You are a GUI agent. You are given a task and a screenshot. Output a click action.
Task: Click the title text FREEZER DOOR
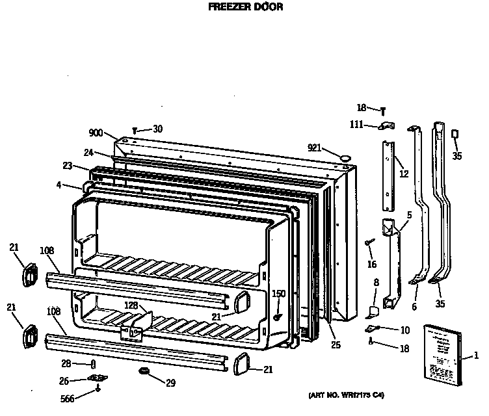(x=245, y=8)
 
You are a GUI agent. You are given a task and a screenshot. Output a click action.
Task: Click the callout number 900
(x=96, y=133)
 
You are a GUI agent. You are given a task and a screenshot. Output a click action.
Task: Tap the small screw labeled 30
(x=135, y=130)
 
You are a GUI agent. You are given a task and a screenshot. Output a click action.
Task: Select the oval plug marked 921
(x=345, y=156)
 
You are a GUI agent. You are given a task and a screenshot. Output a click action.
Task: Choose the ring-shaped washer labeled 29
(x=142, y=371)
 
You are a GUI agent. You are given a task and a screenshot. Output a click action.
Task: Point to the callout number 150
(x=279, y=294)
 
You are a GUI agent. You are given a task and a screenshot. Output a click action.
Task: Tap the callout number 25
(x=336, y=344)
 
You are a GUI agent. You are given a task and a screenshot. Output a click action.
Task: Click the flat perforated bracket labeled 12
(x=388, y=175)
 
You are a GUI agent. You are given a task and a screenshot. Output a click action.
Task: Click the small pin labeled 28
(x=94, y=364)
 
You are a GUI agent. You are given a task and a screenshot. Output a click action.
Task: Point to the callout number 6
(x=414, y=306)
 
